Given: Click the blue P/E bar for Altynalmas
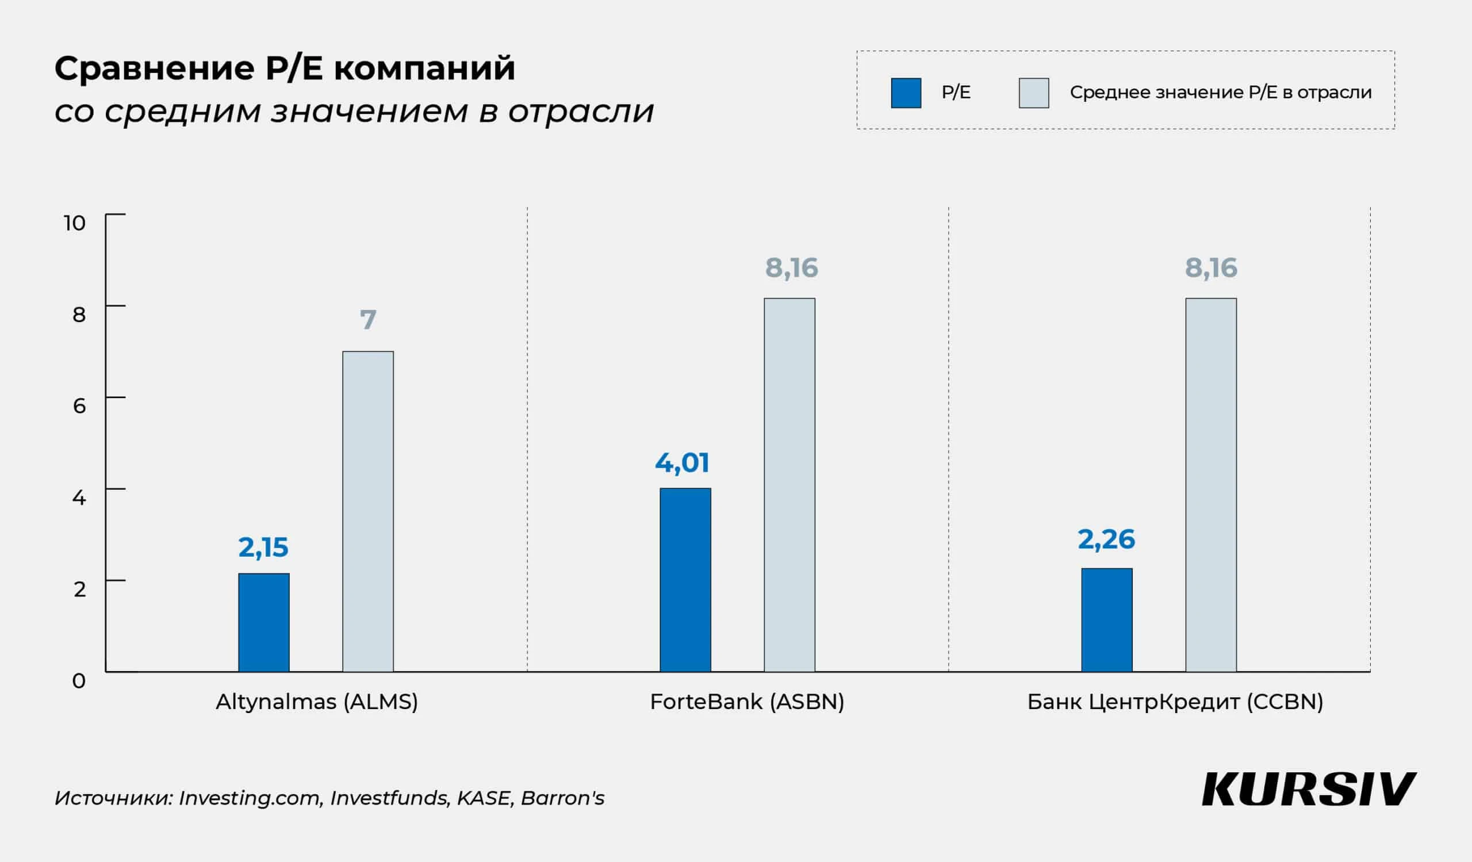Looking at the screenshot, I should pos(263,623).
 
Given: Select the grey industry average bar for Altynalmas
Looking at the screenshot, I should pos(368,512).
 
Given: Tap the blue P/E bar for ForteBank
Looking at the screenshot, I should pos(685,580).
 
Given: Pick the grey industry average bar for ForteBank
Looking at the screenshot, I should pos(789,485).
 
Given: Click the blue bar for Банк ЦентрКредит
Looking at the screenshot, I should pos(1106,620).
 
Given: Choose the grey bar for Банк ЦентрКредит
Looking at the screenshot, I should pos(1211,485).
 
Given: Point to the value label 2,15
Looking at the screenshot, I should pos(263,548).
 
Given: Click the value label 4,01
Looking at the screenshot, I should pos(682,463).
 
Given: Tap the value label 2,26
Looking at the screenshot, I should pos(1106,539).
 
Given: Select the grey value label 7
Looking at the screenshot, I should pos(368,320).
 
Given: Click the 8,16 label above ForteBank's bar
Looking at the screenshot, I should pos(792,268).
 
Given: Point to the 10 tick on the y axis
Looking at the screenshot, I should pos(75,223).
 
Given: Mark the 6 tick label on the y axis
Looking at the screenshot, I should pos(79,406).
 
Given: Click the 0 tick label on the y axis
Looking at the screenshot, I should pos(79,681).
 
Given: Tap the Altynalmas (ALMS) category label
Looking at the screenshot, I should pos(317,702).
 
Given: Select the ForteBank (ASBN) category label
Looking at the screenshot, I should pos(746,702).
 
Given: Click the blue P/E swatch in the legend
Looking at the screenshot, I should pos(906,93).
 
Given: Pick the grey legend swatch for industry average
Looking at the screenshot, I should pos(1033,93).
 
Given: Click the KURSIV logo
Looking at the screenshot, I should pos(1309,790).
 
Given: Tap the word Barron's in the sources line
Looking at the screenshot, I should pos(562,798).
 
